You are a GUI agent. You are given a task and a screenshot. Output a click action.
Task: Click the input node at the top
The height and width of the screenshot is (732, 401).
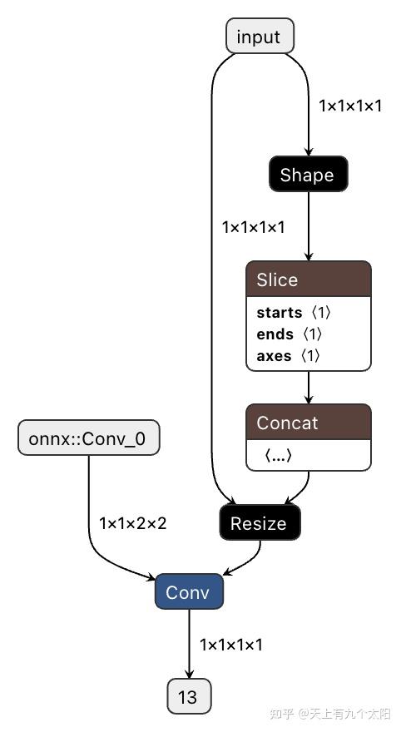click(x=260, y=37)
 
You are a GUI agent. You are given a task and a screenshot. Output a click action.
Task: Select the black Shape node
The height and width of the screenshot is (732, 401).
click(x=307, y=175)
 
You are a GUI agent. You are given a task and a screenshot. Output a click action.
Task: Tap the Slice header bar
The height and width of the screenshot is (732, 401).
click(x=308, y=279)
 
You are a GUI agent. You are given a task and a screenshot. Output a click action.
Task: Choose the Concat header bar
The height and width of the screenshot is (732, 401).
click(x=308, y=423)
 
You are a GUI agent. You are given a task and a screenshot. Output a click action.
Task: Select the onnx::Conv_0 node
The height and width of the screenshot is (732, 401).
click(x=87, y=439)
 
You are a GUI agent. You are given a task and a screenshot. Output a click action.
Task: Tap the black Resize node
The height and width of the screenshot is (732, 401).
click(x=259, y=523)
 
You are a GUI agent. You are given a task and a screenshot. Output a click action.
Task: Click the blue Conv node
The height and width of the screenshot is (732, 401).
click(x=189, y=592)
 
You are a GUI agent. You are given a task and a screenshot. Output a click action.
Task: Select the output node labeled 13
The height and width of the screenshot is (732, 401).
click(x=189, y=696)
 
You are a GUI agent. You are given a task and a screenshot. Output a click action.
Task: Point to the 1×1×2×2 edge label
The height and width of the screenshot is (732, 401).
click(x=133, y=523)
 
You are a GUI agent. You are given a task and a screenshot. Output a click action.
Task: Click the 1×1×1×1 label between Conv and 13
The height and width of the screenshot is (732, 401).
click(x=231, y=645)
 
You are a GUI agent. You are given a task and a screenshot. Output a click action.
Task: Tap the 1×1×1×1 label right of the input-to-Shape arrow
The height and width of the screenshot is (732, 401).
click(x=350, y=106)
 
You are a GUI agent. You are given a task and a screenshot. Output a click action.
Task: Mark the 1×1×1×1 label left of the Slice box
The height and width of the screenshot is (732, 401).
click(x=254, y=226)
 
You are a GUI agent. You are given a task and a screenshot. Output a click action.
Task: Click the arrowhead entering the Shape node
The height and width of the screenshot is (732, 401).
click(x=309, y=152)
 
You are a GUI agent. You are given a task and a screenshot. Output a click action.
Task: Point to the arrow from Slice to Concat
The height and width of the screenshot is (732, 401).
click(x=309, y=388)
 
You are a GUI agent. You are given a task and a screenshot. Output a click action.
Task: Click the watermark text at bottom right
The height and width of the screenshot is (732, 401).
click(x=333, y=714)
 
